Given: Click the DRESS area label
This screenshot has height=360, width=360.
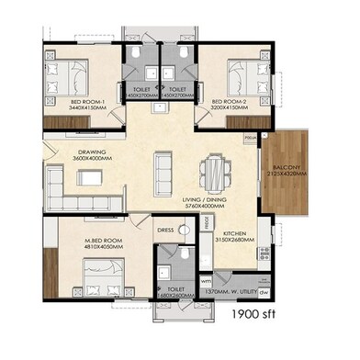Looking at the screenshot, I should click(x=165, y=231).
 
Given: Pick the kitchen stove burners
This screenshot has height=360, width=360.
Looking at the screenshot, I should click(x=264, y=252).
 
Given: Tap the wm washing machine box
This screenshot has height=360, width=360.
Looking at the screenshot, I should click(x=206, y=281).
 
